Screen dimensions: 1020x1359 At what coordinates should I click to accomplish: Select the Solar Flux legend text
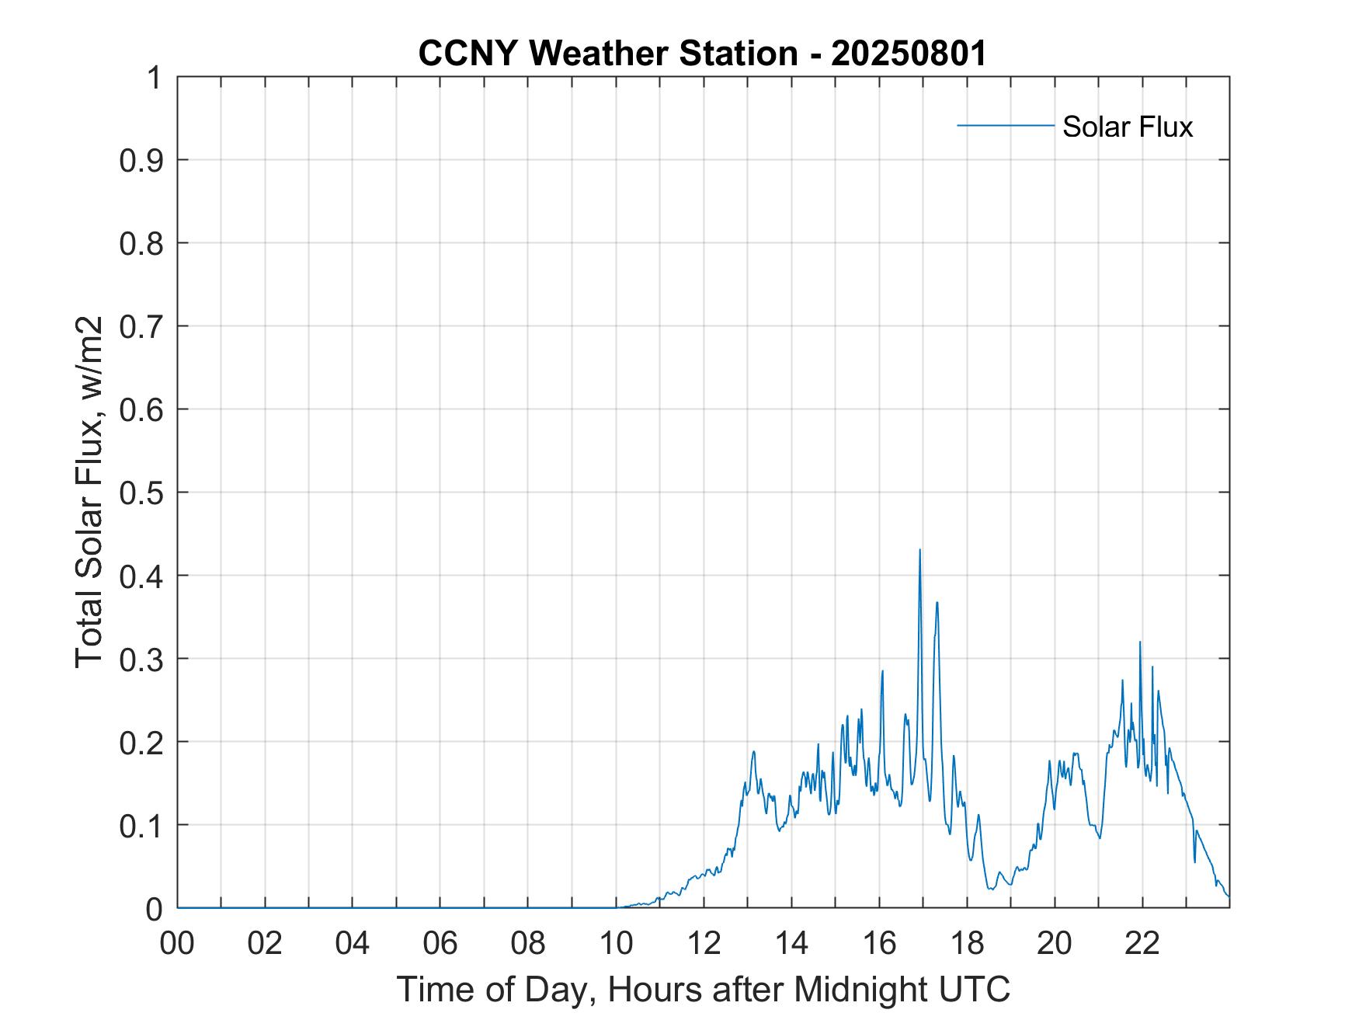[x=1127, y=127]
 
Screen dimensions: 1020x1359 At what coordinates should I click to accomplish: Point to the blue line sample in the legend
[x=1005, y=125]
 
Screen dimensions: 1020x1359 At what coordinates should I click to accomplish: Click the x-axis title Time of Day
[x=703, y=989]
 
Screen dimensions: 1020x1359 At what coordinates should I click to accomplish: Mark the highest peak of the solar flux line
[x=919, y=551]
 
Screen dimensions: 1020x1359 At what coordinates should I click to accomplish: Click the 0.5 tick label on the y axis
[x=141, y=493]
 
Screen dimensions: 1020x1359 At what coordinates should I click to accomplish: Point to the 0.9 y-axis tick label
[x=141, y=161]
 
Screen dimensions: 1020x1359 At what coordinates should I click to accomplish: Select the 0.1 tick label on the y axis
[x=141, y=825]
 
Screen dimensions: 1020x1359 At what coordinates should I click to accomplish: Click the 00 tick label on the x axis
[x=177, y=943]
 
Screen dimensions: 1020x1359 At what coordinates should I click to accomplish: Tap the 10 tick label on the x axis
[x=616, y=943]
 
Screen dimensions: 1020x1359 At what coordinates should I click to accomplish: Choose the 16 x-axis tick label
[x=879, y=943]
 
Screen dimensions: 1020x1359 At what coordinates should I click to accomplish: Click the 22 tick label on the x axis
[x=1142, y=943]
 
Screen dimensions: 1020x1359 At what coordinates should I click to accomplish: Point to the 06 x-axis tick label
[x=440, y=943]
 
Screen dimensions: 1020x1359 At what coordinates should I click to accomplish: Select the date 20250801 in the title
[x=909, y=54]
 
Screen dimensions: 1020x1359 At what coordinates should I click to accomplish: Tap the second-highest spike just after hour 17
[x=937, y=603]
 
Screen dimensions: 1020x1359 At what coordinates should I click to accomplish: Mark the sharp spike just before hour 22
[x=1140, y=642]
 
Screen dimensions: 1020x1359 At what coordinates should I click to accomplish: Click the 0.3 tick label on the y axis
[x=141, y=659]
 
